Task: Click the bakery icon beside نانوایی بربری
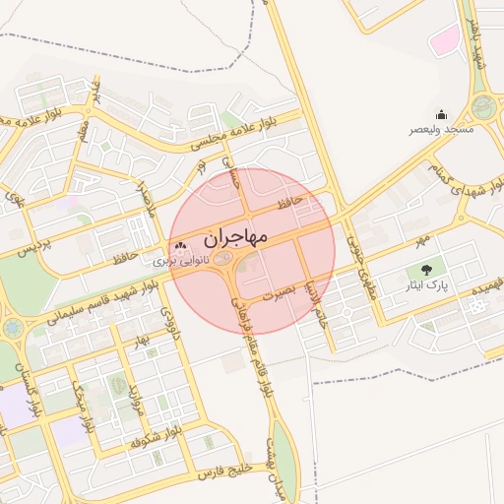pos(178,246)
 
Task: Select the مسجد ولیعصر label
pos(443,129)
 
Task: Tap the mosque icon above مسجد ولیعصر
pos(441,113)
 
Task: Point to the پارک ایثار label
pos(429,284)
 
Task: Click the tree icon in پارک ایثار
pos(426,269)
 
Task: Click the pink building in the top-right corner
pos(446,39)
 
